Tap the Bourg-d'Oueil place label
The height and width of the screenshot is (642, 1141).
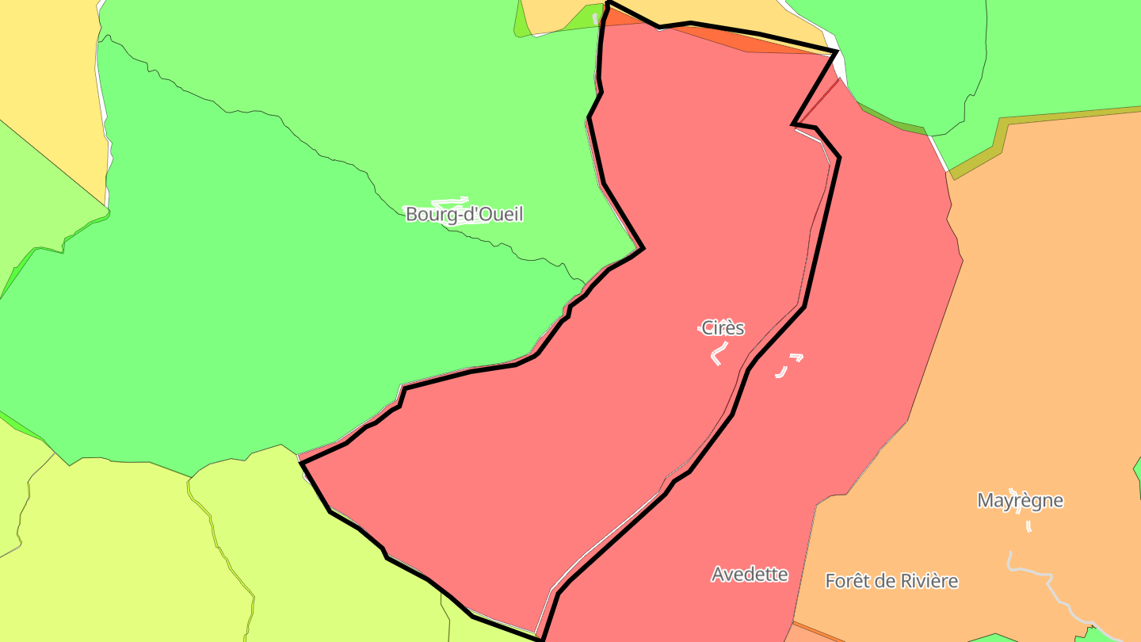tap(464, 214)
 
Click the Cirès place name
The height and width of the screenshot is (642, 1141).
tap(723, 327)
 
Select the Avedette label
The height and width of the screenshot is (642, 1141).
tap(750, 574)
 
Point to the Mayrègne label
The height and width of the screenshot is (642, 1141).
tap(1020, 500)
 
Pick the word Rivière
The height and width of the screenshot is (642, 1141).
tap(928, 581)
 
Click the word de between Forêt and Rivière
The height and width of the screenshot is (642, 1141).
tap(884, 581)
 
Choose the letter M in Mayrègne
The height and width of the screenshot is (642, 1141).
tap(986, 500)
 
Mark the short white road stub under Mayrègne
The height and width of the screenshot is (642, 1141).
tap(1028, 525)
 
